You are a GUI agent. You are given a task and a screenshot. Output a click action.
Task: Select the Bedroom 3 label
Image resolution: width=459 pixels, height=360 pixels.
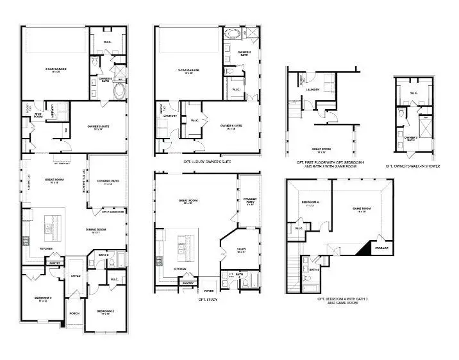(x=43, y=299)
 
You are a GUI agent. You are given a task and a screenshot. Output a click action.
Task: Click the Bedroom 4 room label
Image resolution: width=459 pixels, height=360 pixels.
(x=311, y=203)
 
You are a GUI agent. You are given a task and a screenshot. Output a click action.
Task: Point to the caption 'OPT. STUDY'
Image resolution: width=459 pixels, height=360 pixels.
(x=208, y=298)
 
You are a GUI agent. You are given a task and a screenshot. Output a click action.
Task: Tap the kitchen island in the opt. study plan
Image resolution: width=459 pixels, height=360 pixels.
(x=185, y=243)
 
